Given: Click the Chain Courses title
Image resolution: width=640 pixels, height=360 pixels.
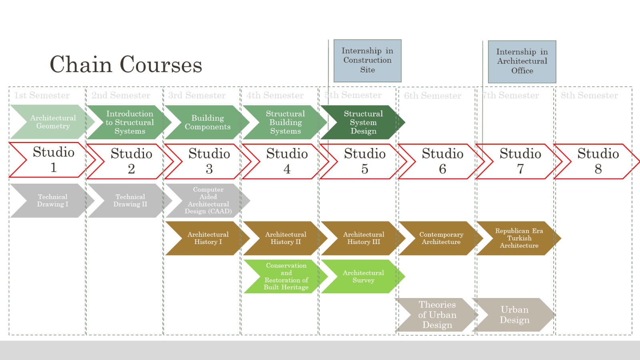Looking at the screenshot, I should (126, 64).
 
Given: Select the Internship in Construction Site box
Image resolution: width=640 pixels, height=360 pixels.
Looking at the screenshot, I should (367, 60).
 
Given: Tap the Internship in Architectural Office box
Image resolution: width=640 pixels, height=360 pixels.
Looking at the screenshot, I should (522, 62).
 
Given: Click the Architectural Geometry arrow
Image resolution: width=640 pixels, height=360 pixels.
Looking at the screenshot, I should (52, 122).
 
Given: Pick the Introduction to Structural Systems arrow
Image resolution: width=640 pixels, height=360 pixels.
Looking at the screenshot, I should (130, 122).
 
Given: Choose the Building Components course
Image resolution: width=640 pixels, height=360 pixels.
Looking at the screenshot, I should (207, 122).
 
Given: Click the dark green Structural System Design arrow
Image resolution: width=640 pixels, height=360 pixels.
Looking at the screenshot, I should (363, 122).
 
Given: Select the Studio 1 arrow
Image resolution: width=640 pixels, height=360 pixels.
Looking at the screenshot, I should (53, 160).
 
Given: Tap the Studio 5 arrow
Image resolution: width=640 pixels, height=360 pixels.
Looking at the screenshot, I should (364, 161).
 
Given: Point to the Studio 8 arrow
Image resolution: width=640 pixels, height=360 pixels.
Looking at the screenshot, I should (598, 161).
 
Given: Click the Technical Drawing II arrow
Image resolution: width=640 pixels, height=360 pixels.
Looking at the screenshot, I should (130, 200).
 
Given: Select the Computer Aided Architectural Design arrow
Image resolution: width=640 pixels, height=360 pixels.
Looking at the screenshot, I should (208, 200).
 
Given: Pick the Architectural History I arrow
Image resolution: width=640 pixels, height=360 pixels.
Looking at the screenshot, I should (208, 238).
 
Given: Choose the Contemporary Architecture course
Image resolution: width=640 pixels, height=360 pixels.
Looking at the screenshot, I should (441, 238).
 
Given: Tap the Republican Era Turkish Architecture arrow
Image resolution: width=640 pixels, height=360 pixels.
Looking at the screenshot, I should (519, 238).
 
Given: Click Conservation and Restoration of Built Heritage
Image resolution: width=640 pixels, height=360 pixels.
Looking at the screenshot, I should (286, 276).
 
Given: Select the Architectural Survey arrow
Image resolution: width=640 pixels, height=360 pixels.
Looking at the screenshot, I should (363, 276).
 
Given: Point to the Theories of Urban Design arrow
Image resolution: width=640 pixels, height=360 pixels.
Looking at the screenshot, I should (437, 315).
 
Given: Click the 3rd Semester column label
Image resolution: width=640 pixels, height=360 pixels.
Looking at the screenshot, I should (197, 96).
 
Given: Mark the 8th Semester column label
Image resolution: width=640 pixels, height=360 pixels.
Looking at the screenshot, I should (589, 96).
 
